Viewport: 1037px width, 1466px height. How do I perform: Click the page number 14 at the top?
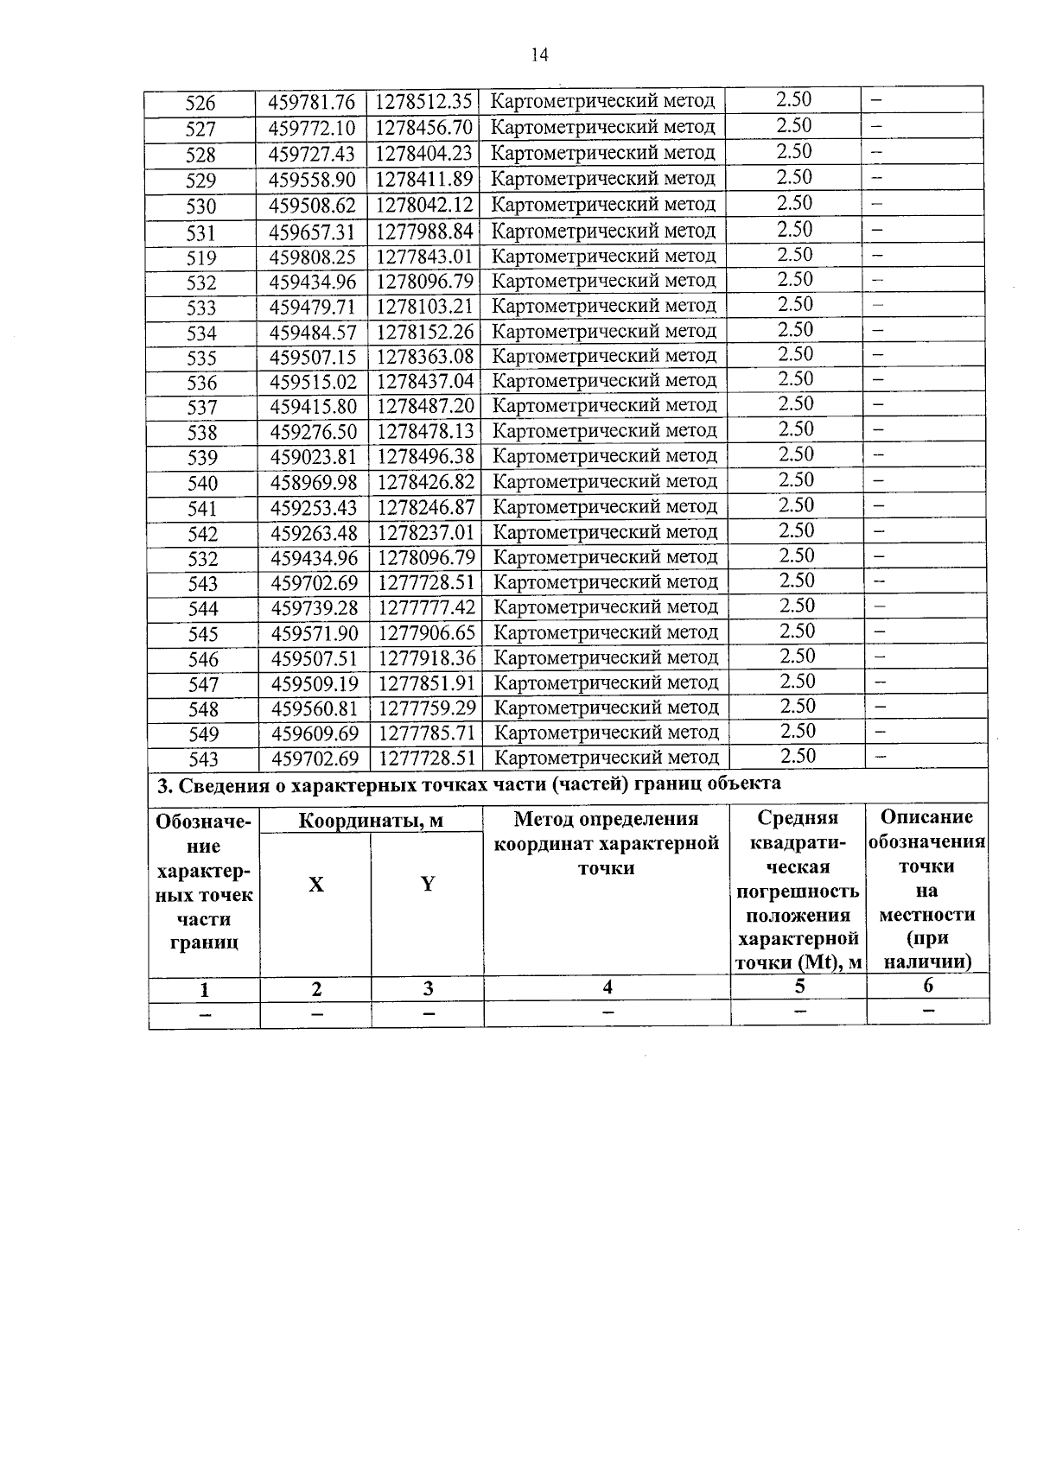pos(539,55)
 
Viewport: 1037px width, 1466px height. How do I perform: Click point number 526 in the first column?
pos(200,104)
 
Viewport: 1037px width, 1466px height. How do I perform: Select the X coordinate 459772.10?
pos(312,129)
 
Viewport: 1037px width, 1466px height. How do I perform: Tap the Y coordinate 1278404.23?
pos(424,154)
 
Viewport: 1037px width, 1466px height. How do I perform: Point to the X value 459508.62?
pos(312,206)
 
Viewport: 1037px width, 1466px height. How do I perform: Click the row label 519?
pos(201,257)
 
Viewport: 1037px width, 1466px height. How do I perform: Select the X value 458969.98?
pos(314,482)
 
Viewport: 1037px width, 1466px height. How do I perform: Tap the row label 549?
pos(203,734)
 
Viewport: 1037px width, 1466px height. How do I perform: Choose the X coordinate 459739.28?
pos(315,608)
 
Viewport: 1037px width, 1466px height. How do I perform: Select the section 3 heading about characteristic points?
pos(468,784)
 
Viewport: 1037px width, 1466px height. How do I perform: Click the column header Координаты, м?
pos(371,821)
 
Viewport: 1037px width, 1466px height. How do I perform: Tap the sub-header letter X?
pos(316,885)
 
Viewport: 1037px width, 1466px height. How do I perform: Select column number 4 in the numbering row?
pos(608,987)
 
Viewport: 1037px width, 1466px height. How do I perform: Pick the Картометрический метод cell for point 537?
pos(605,405)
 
